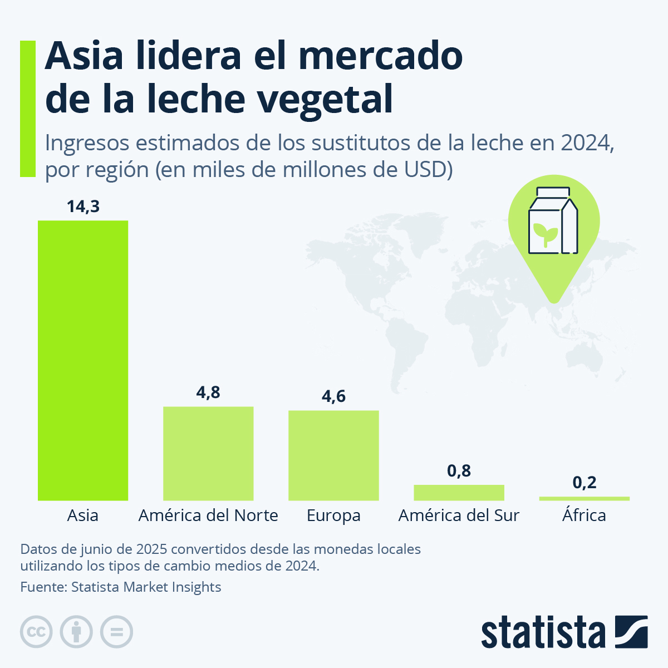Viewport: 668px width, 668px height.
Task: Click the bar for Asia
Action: [82, 360]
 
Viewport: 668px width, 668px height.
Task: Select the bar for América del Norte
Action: [208, 453]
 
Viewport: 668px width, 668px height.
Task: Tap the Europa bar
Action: [333, 455]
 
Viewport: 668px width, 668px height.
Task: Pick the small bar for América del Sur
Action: [459, 493]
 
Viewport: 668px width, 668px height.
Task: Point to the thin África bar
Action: [584, 498]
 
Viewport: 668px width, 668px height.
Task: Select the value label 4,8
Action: [208, 392]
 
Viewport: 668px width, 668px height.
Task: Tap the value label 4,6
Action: [333, 396]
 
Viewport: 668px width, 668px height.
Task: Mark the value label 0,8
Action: [459, 471]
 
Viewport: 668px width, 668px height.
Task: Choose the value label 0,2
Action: [584, 482]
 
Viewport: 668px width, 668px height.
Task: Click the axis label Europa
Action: [333, 515]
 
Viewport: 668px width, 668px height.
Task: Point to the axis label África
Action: [584, 515]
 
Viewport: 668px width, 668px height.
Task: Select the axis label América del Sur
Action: [459, 515]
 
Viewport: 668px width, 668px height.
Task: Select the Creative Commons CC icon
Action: [36, 632]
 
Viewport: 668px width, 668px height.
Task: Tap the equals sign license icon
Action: [116, 632]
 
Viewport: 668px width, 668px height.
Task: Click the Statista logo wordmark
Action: [543, 632]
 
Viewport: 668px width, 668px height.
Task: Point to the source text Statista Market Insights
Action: [146, 587]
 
